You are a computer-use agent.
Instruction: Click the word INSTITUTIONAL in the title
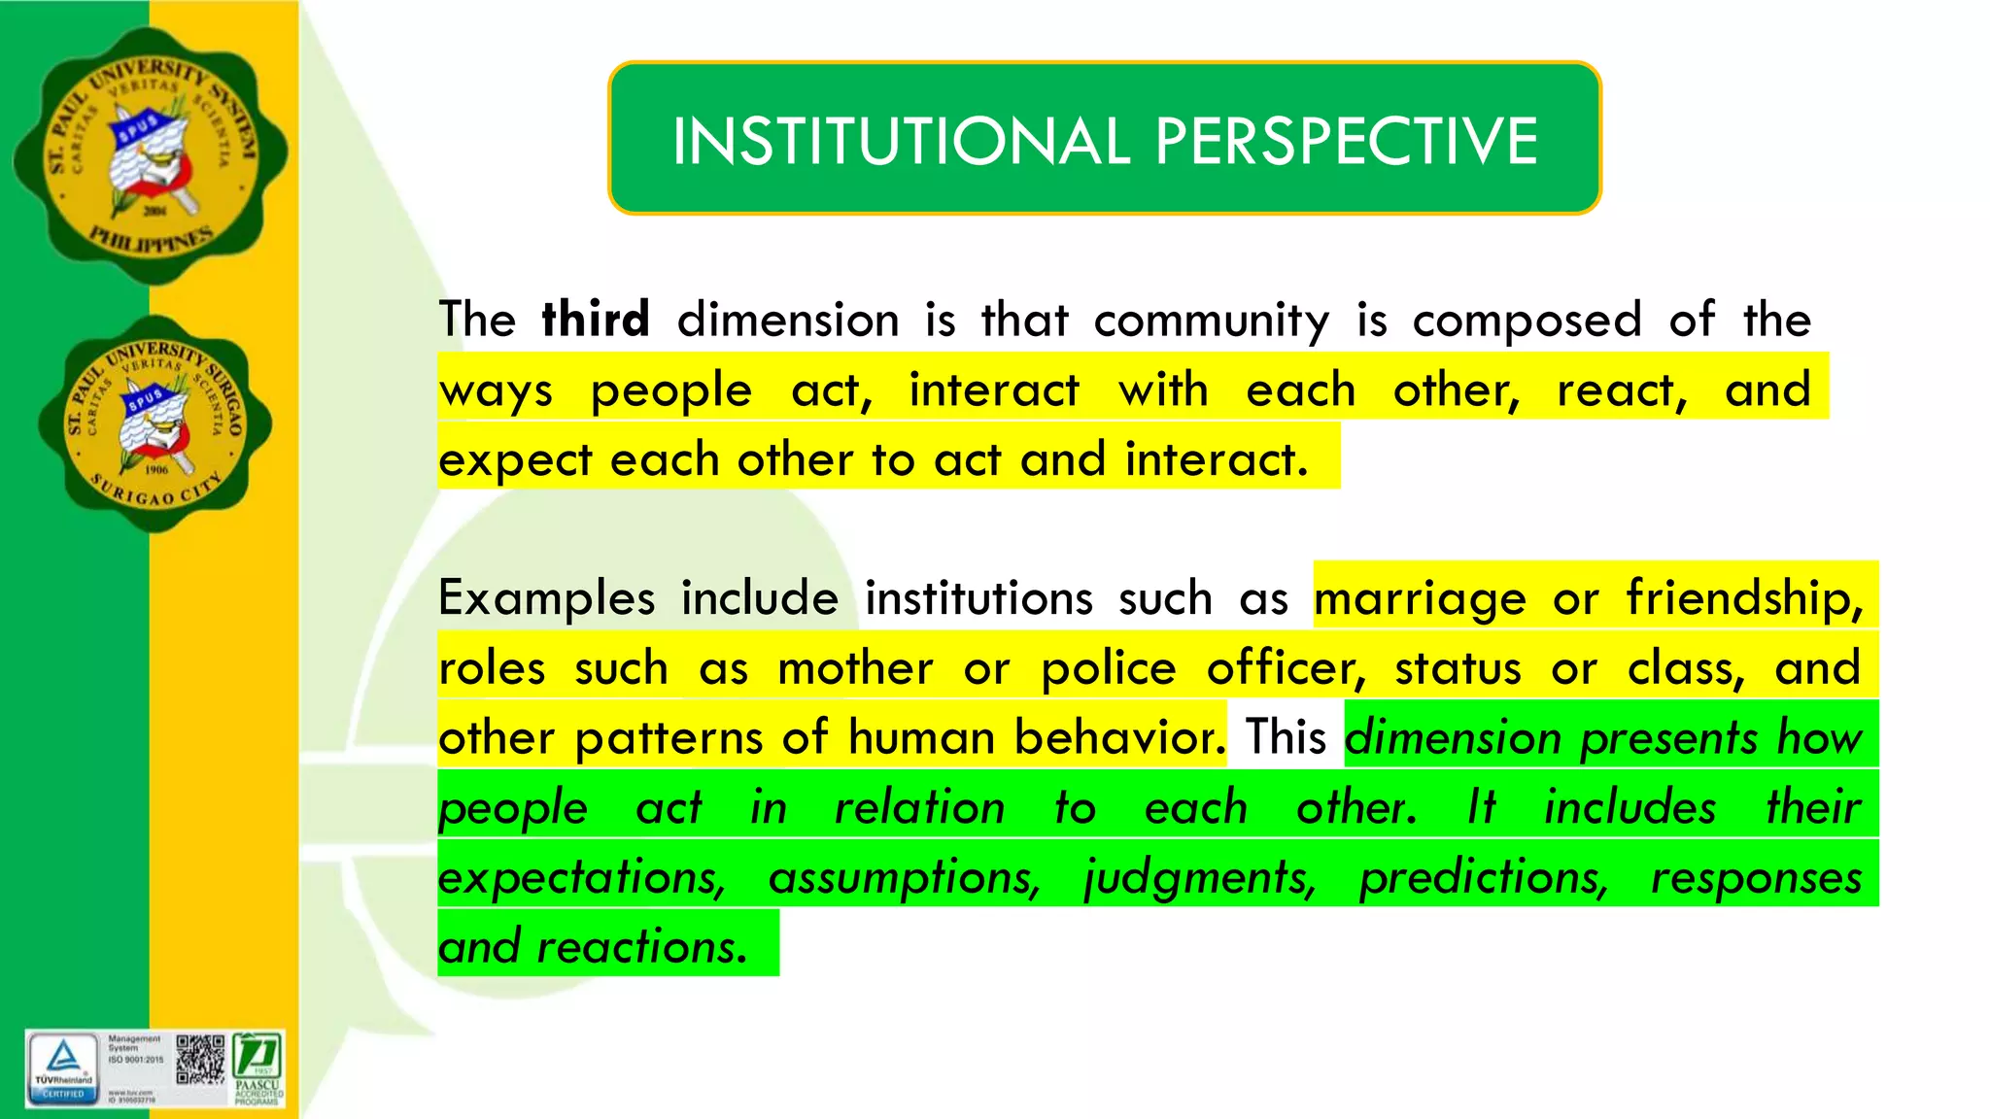901,141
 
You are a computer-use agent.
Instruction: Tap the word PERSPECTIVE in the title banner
1346,141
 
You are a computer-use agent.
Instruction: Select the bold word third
596,320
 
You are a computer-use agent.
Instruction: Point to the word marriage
1420,598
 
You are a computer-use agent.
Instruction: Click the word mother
855,668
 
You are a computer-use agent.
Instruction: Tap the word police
1109,668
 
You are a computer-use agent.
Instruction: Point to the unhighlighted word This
1286,737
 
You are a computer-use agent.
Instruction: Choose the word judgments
1200,878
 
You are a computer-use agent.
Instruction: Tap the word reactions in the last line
642,947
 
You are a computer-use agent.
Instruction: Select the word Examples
546,598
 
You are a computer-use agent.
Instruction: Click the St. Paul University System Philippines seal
151,155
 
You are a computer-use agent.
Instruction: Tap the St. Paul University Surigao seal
155,424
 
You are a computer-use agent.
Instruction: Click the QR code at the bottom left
200,1060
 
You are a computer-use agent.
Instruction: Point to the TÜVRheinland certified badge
63,1068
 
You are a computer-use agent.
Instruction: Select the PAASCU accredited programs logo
258,1068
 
